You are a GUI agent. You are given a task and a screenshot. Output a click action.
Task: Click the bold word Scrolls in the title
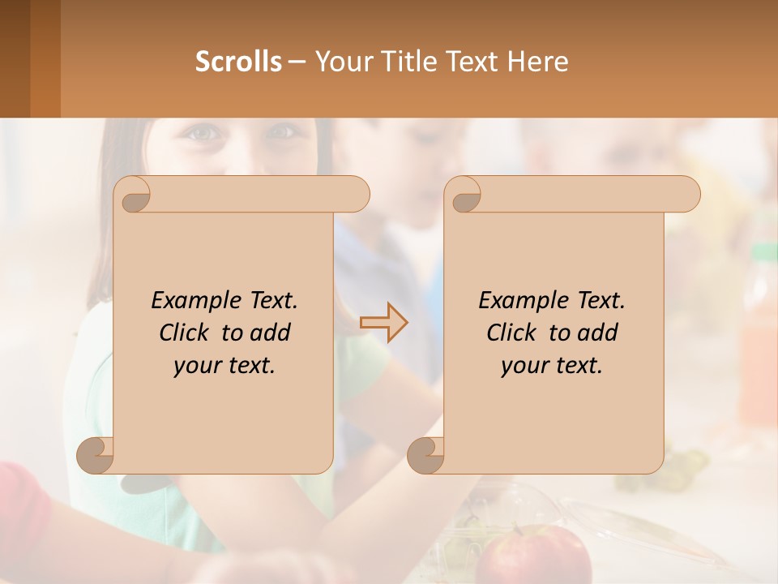tap(238, 62)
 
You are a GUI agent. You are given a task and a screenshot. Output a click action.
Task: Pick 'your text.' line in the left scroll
tap(224, 366)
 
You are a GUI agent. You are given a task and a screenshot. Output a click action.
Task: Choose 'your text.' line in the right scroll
tap(552, 366)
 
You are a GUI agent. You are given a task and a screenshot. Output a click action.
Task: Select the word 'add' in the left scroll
tap(271, 333)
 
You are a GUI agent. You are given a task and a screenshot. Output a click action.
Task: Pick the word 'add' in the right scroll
tap(598, 333)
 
